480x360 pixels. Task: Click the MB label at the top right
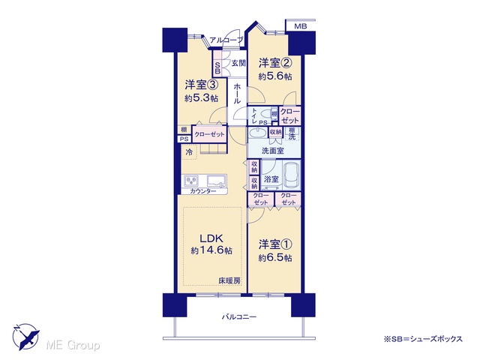(300, 26)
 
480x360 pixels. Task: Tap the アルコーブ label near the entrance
(226, 40)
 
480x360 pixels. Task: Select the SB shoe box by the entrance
(217, 68)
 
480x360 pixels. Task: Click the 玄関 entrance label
(238, 63)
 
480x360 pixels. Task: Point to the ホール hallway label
(237, 94)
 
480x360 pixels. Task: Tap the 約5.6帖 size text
(275, 76)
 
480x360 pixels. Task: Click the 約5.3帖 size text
(201, 98)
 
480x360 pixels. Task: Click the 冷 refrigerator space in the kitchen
(190, 151)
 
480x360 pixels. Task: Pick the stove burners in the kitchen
(192, 181)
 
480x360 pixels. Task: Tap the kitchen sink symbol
(217, 180)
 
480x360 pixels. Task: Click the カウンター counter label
(203, 191)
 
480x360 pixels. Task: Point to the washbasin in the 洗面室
(257, 133)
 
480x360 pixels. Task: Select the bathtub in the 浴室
(292, 175)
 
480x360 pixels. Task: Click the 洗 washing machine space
(292, 136)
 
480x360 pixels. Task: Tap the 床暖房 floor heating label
(229, 280)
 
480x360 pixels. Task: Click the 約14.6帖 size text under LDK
(211, 250)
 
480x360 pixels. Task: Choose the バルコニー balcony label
(239, 316)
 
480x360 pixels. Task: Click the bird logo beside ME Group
(26, 337)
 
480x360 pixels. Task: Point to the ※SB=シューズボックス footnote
(423, 339)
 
